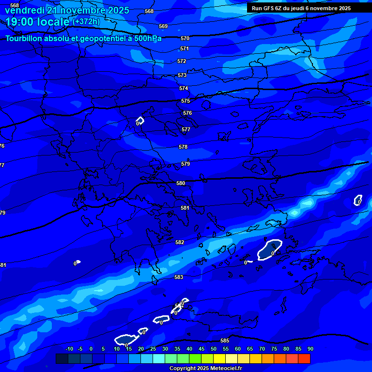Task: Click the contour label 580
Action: tap(181, 183)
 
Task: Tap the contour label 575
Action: tap(186, 101)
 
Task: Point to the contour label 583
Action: tap(179, 277)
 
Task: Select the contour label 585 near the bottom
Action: tap(225, 341)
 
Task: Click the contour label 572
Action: tap(182, 62)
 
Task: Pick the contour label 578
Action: tap(183, 147)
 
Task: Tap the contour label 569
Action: tap(163, 26)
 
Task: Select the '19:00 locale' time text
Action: tap(37, 22)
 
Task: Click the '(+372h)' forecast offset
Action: tap(86, 22)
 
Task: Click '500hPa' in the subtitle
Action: tap(148, 38)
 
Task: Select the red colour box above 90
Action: tap(304, 358)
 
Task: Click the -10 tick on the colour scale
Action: tap(69, 349)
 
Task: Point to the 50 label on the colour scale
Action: tap(214, 349)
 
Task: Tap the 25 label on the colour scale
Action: tap(153, 349)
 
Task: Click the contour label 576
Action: tap(187, 113)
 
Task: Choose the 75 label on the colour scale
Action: tap(274, 349)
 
